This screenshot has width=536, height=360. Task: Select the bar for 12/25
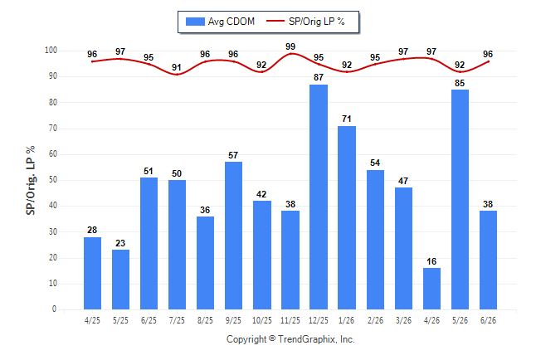[319, 197]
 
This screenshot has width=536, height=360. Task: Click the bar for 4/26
[431, 289]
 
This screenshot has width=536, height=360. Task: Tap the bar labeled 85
[460, 200]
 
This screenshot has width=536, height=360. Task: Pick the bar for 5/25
[120, 280]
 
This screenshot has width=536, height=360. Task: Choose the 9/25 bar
[233, 236]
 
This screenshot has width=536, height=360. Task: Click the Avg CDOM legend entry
[220, 22]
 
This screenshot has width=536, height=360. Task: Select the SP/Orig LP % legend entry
[305, 22]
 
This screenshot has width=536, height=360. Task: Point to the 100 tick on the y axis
[51, 51]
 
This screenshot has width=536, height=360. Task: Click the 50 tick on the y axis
[53, 180]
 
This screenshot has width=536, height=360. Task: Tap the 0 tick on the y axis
[55, 309]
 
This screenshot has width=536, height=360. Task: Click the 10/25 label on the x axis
[262, 320]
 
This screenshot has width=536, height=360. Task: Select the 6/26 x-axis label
[488, 320]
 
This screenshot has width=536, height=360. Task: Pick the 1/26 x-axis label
[347, 320]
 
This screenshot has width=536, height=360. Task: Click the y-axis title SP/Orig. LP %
[31, 181]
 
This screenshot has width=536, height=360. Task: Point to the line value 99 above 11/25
[290, 46]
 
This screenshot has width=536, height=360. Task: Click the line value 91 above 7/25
[177, 67]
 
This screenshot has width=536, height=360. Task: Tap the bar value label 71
[347, 119]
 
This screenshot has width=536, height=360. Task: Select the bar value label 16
[431, 261]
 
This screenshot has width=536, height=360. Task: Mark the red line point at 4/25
[92, 61]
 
